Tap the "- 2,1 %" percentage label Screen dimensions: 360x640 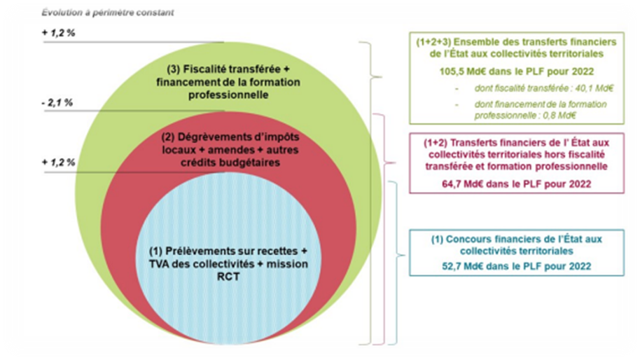[57, 104]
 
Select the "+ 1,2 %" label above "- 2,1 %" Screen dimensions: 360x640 [57, 32]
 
